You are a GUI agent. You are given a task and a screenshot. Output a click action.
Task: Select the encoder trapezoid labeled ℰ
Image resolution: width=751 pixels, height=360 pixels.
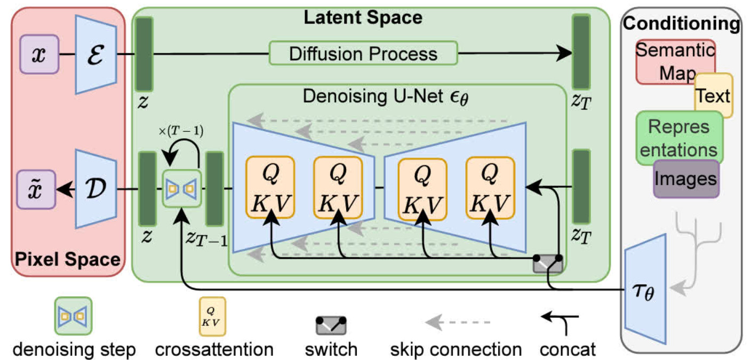[96, 54]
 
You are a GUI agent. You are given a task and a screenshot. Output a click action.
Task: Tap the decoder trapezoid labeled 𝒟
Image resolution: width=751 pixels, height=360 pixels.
[96, 188]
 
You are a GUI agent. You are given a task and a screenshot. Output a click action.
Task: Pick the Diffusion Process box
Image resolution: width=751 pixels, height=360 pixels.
[363, 53]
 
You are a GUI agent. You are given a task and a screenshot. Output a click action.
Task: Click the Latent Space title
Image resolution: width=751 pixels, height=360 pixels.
[363, 17]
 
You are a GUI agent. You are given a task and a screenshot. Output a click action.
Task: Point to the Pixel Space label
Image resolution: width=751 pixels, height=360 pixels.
[67, 260]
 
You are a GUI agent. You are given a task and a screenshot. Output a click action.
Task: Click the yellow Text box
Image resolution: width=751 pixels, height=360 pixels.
[713, 96]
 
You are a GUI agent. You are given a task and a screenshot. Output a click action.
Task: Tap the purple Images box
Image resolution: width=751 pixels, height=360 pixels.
[686, 178]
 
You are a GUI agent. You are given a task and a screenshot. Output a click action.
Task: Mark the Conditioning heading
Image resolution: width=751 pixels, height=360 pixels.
[682, 23]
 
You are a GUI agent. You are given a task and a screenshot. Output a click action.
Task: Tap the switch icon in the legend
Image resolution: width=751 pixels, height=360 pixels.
[331, 325]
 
